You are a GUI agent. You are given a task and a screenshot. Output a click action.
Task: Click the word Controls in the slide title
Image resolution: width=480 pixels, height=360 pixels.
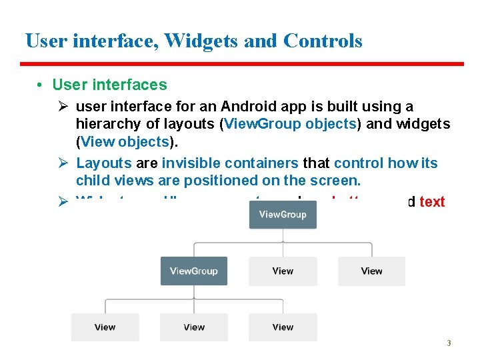323,41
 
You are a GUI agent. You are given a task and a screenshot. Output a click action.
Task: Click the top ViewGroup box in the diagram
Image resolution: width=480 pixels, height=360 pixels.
283,214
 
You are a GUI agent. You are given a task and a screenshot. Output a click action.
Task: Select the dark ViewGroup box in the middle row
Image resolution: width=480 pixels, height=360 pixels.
193,271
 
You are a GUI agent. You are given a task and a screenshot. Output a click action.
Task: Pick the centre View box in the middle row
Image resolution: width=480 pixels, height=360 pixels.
283,271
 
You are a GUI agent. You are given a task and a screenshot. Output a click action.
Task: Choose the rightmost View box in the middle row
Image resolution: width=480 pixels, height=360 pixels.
371,271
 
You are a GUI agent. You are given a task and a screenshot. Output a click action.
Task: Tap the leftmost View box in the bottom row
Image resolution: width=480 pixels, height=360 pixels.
105,327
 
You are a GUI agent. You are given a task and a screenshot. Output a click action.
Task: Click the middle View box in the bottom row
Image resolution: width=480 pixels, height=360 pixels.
193,327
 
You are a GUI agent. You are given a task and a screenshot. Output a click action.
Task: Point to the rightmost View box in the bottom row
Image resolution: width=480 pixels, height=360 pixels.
283,327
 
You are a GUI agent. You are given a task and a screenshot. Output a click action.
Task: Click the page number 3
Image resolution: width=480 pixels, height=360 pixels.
449,343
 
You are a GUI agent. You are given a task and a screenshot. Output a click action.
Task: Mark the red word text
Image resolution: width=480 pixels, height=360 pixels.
432,202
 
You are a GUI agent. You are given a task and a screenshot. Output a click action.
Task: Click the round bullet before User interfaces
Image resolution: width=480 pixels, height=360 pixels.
41,85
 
